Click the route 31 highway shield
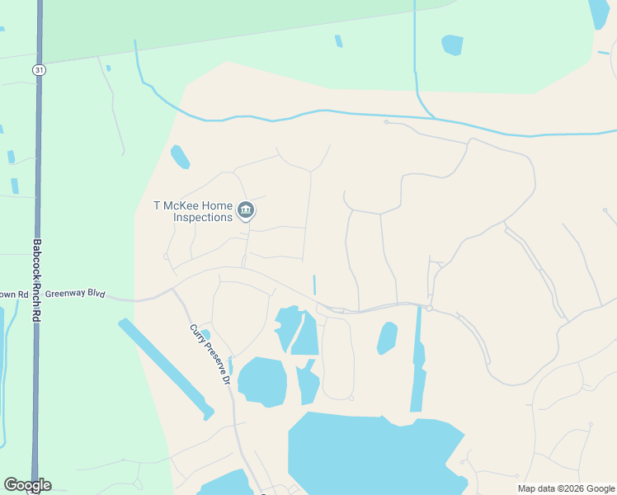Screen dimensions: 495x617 point(39,70)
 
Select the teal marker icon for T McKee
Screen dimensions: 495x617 point(246,211)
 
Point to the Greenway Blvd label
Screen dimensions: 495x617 point(75,294)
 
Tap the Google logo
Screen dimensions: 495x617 point(27,485)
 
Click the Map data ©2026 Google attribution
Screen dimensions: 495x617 point(566,489)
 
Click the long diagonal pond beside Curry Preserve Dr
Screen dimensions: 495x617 point(165,367)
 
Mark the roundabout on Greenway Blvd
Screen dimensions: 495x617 point(429,308)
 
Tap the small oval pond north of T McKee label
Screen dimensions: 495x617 point(180,156)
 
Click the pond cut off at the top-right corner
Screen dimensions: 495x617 point(600,12)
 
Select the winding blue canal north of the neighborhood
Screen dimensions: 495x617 point(330,111)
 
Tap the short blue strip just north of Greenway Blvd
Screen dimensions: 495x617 point(314,285)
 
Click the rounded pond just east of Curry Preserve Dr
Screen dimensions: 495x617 point(262,382)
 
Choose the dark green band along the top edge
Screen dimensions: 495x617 point(231,25)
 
